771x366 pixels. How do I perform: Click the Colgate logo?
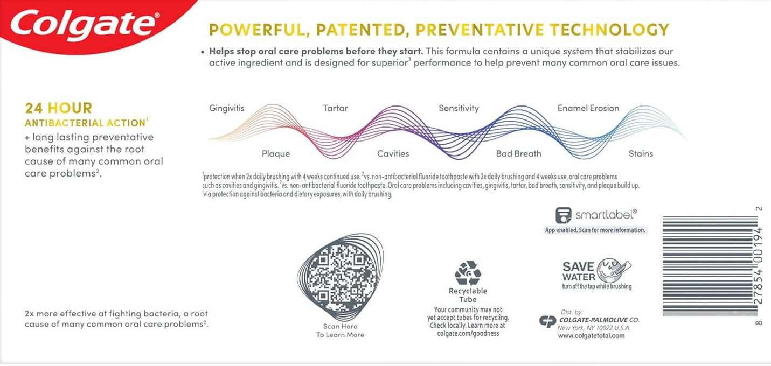pos(85,25)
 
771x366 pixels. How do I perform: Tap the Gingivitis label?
pos(226,108)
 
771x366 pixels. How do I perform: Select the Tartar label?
pos(335,108)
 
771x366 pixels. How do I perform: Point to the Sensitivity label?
pos(459,108)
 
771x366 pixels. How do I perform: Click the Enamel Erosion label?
pos(588,108)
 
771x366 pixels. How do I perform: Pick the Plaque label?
pos(276,154)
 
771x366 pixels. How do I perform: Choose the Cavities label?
pos(393,154)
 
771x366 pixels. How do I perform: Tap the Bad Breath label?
pos(519,154)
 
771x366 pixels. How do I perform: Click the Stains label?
pos(641,154)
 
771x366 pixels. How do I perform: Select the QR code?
pos(340,277)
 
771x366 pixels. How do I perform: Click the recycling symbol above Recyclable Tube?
pos(468,273)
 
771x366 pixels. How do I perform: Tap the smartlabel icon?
pos(564,215)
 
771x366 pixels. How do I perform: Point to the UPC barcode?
pos(711,265)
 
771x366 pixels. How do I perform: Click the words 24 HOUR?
pos(59,108)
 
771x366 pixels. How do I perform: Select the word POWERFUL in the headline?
pos(257,30)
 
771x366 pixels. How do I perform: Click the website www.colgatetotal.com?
pos(592,336)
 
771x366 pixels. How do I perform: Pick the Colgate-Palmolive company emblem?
pos(547,321)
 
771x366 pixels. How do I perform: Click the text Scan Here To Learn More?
pos(340,330)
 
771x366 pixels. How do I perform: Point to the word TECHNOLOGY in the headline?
pos(609,30)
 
